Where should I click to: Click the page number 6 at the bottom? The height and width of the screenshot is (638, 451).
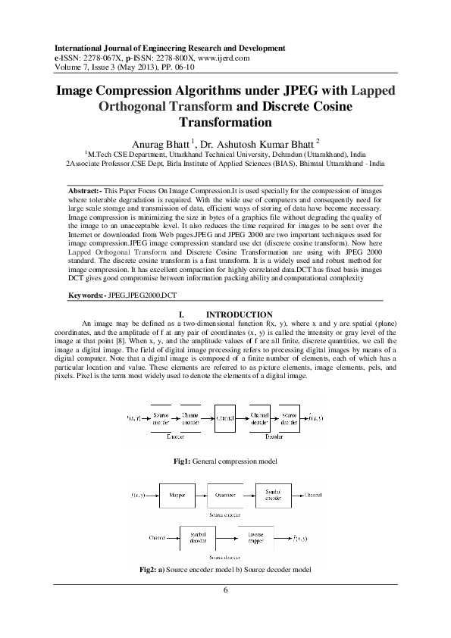[x=225, y=590]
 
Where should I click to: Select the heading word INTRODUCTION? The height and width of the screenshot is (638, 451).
[x=240, y=314]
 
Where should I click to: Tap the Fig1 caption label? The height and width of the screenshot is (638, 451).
[x=184, y=461]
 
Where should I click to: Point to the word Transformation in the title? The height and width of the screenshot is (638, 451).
[x=224, y=121]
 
